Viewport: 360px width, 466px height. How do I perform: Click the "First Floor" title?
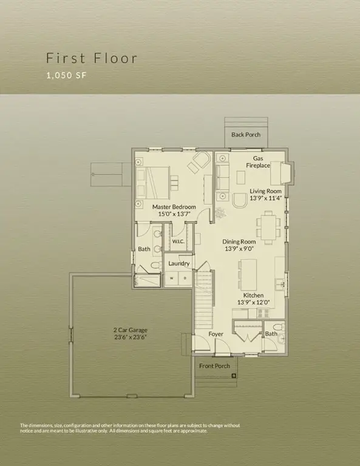92,58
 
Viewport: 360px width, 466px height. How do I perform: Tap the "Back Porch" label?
246,134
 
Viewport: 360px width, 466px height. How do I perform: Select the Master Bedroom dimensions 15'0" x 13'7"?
174,214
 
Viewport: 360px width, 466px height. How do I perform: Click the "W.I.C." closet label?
178,241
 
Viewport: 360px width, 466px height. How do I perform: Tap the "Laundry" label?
179,263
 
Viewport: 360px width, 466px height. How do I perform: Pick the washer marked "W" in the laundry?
171,279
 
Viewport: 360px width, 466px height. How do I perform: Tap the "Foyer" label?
216,334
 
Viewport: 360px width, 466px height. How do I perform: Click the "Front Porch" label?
214,365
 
